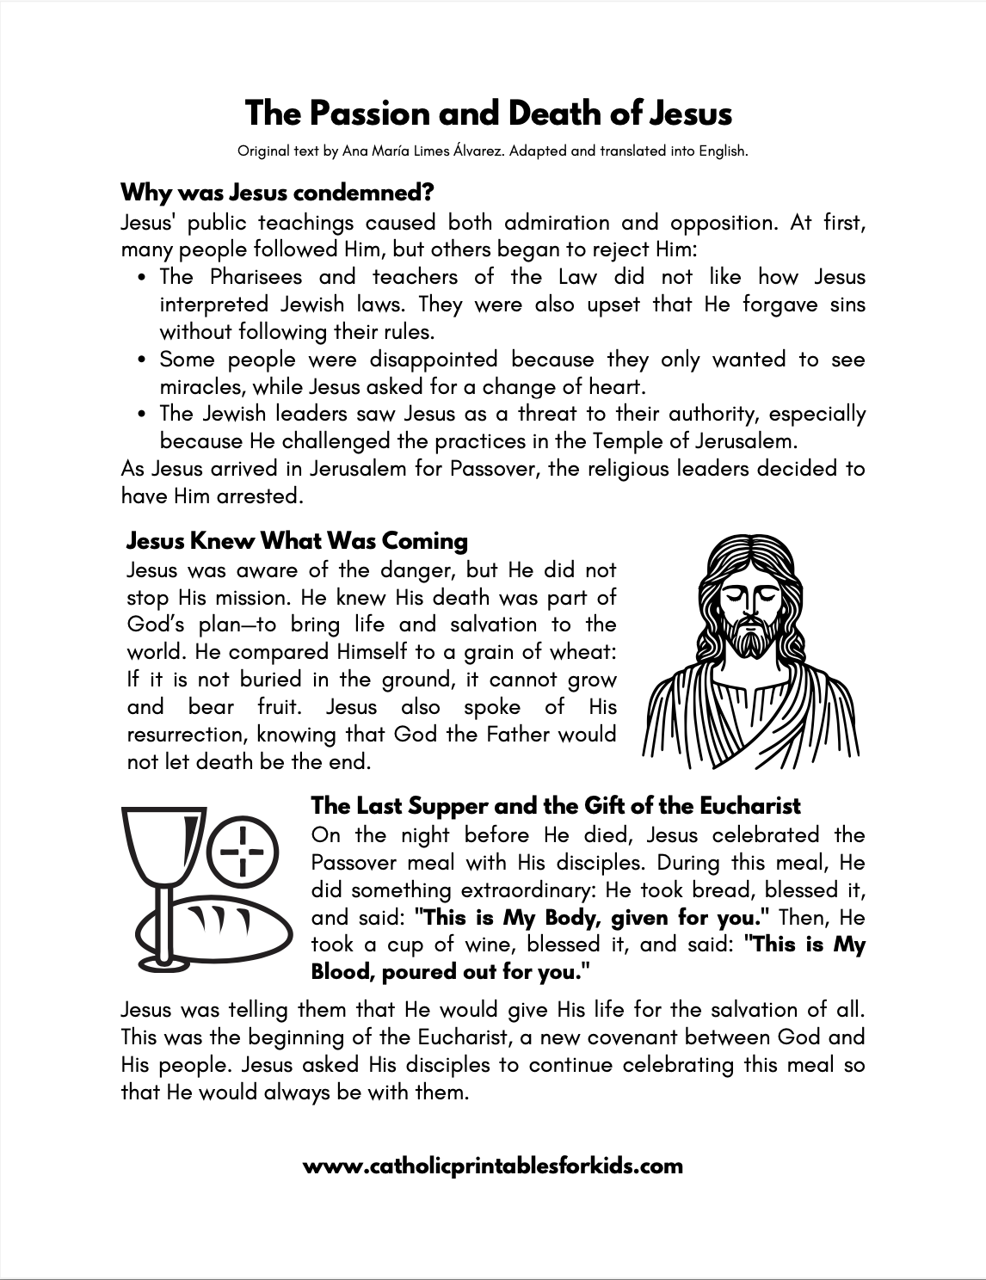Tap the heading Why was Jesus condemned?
[277, 190]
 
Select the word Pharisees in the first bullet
[256, 277]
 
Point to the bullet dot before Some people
[143, 360]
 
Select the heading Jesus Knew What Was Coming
[297, 541]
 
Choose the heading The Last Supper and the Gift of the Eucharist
[555, 806]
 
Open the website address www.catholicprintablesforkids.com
[493, 1166]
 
